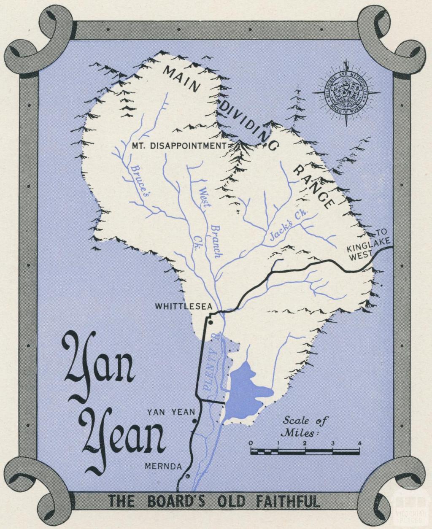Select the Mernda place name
(x=163, y=467)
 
